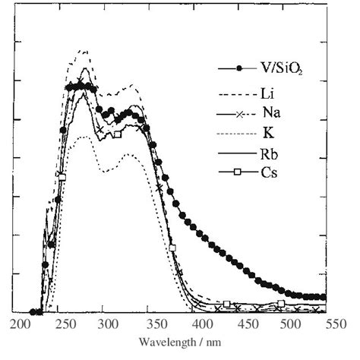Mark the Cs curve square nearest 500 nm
tap(280, 304)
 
